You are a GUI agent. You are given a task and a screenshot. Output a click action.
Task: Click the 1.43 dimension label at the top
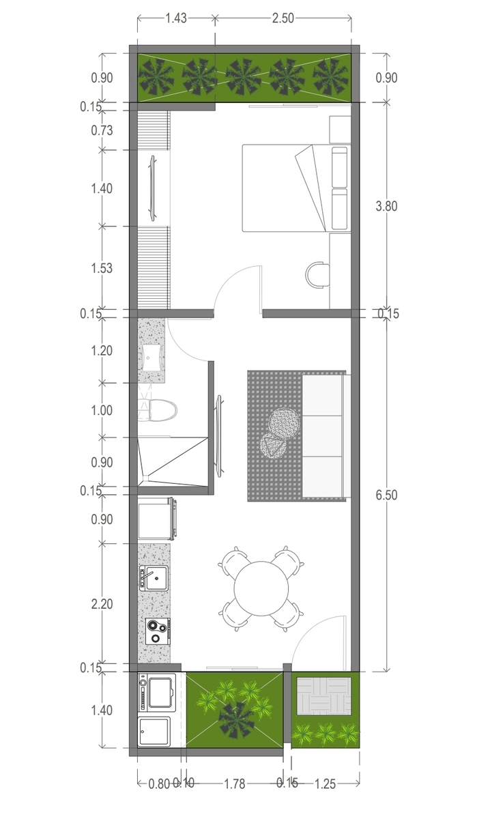coord(176,18)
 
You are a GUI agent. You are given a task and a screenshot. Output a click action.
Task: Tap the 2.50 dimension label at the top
coord(283,18)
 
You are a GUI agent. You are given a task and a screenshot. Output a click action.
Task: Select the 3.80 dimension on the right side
coord(386,206)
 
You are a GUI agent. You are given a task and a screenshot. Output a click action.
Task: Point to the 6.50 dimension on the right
coord(386,495)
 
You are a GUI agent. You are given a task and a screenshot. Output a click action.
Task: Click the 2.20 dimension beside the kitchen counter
coord(102,604)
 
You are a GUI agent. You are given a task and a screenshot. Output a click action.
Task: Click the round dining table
coord(261,588)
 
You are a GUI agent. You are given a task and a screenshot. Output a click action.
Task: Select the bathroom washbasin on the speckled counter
coord(152,357)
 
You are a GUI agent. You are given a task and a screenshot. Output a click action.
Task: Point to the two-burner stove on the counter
coord(158,631)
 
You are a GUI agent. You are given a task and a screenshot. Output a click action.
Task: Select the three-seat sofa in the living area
coord(326,436)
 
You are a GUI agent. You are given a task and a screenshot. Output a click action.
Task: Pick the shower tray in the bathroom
coord(173,462)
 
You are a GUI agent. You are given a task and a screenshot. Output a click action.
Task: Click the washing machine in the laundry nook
coord(157,693)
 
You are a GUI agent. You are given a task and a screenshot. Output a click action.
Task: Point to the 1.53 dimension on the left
coord(102,268)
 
